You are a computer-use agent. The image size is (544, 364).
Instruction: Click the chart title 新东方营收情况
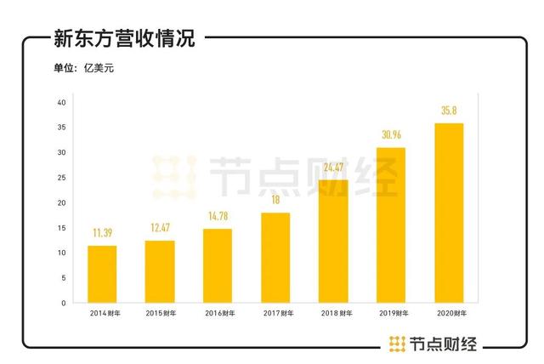point(124,38)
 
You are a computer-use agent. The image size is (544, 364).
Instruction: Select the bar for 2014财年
point(102,274)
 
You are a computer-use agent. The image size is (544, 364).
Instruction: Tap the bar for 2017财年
point(275,258)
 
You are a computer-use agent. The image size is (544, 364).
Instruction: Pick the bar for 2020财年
point(449,213)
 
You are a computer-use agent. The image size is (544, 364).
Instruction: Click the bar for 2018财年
point(333,241)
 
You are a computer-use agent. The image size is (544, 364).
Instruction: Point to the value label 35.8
point(449,110)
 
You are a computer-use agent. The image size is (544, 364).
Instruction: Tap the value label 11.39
point(102,232)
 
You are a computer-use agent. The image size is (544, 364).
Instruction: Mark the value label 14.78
point(218,215)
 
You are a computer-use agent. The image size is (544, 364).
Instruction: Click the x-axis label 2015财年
point(160,314)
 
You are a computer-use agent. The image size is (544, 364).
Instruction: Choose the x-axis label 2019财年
point(391,314)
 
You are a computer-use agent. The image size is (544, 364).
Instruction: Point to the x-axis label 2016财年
point(218,314)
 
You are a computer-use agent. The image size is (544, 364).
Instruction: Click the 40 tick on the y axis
point(61,102)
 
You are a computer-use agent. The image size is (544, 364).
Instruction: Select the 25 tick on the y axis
point(61,178)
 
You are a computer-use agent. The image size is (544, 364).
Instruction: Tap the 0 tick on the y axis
point(64,303)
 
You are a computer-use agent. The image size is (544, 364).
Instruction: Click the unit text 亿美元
point(99,68)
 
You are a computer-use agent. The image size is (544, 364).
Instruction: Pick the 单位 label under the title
point(65,68)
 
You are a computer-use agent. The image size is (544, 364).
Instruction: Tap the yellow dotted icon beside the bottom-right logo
point(397,344)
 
